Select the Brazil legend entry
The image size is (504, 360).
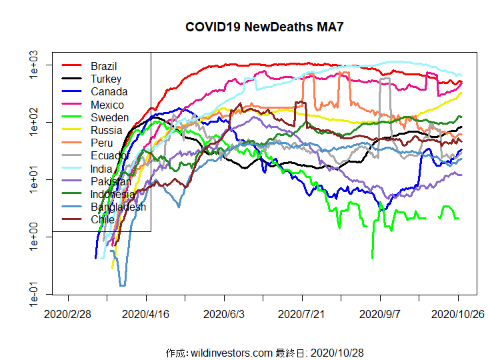[103, 66]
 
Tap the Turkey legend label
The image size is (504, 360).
[105, 79]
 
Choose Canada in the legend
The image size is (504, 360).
[109, 91]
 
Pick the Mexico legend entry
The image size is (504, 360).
[107, 105]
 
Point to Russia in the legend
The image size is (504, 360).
[106, 130]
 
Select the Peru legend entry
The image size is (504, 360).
[102, 143]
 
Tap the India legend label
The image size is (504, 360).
[102, 169]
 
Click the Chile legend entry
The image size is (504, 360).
[103, 219]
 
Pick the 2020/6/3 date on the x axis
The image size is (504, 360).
[225, 313]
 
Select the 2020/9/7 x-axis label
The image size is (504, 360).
[381, 313]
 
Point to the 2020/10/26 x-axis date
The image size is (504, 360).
[458, 313]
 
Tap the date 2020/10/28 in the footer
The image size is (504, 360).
[337, 352]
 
